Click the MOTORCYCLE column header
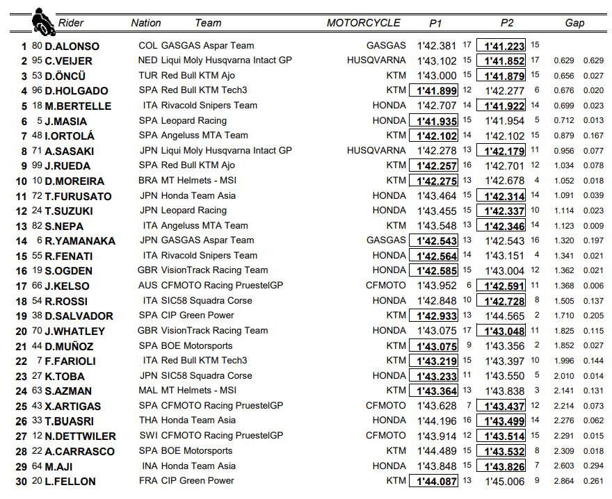[x=363, y=23]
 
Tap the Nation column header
[x=145, y=23]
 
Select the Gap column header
[x=574, y=23]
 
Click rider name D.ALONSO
[x=72, y=46]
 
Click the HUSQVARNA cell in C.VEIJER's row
[x=376, y=60]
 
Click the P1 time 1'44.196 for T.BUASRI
[x=437, y=420]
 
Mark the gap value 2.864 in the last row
[x=564, y=481]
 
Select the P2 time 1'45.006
[x=505, y=481]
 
